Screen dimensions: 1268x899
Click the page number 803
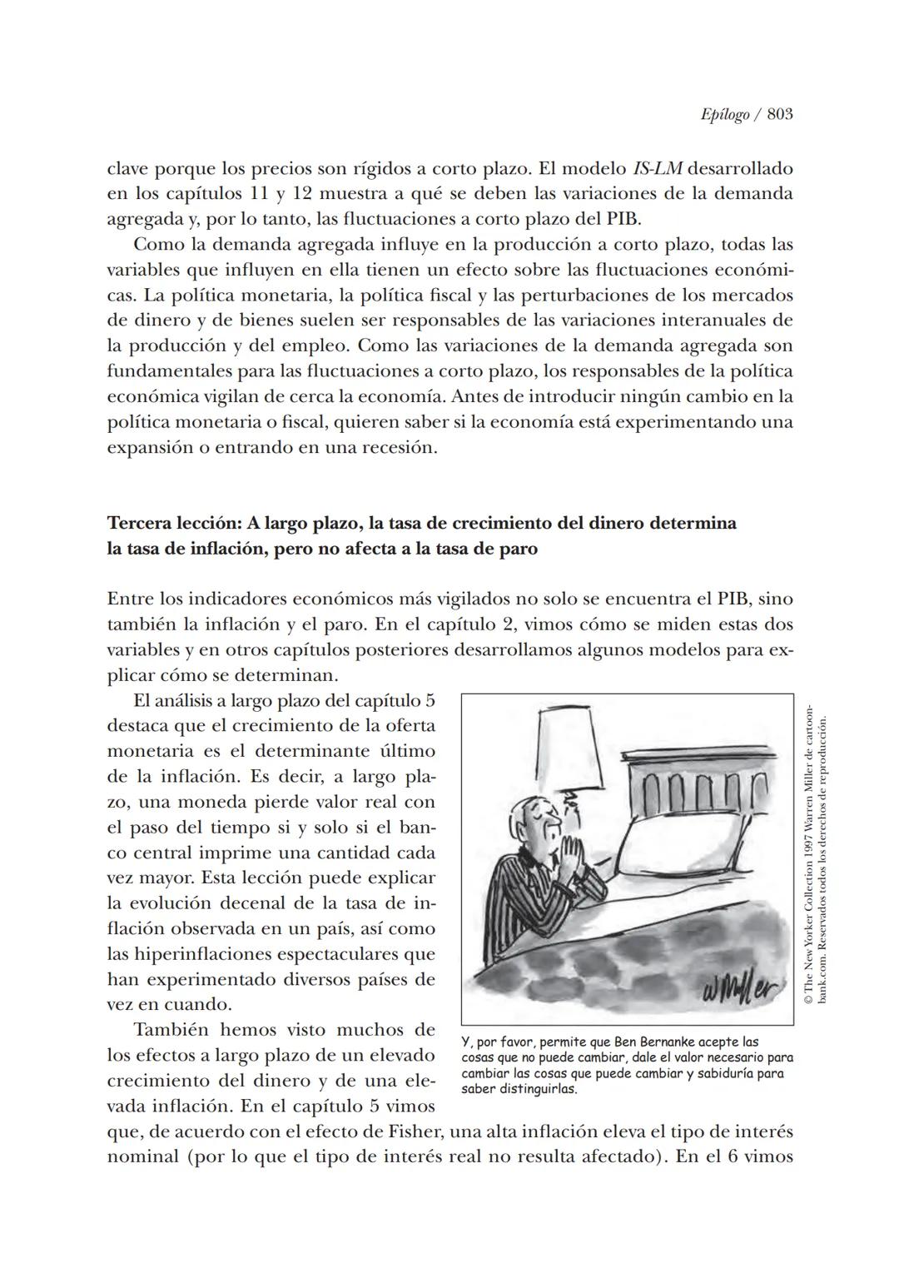point(779,115)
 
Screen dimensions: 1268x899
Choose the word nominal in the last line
point(143,1157)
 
